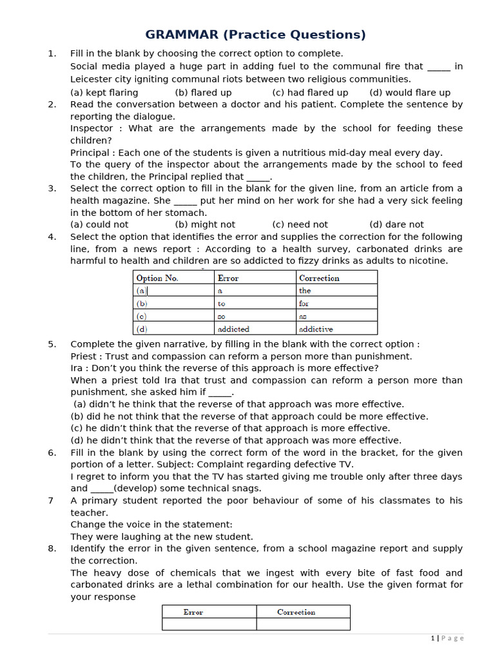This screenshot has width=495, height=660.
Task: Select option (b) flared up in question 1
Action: [203, 92]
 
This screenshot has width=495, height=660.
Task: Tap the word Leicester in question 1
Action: [93, 79]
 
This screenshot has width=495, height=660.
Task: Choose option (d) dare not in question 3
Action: [396, 224]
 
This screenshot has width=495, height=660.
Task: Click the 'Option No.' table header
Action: [157, 278]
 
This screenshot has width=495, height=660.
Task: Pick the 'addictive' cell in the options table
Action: [316, 329]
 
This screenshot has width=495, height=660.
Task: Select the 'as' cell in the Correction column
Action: [303, 316]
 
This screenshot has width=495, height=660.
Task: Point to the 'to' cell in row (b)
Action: [222, 304]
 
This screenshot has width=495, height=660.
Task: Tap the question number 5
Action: [52, 344]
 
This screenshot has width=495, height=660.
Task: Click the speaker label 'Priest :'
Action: [86, 356]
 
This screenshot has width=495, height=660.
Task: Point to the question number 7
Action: [51, 501]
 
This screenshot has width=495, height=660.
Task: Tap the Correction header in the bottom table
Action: [296, 612]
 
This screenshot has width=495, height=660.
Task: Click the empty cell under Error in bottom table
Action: [209, 624]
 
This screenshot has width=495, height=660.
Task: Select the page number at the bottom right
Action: [432, 638]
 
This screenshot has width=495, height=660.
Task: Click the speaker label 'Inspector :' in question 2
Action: [96, 128]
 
